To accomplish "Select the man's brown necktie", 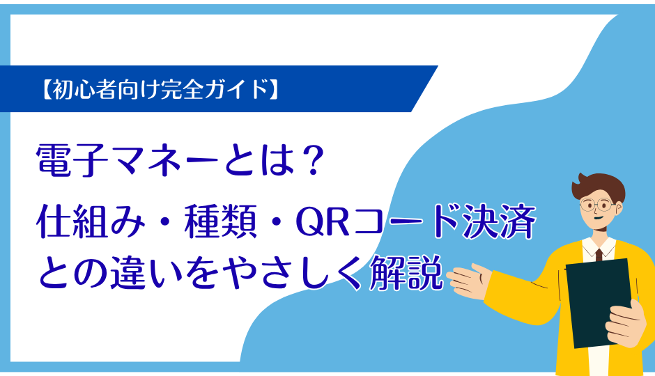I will [597, 254].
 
